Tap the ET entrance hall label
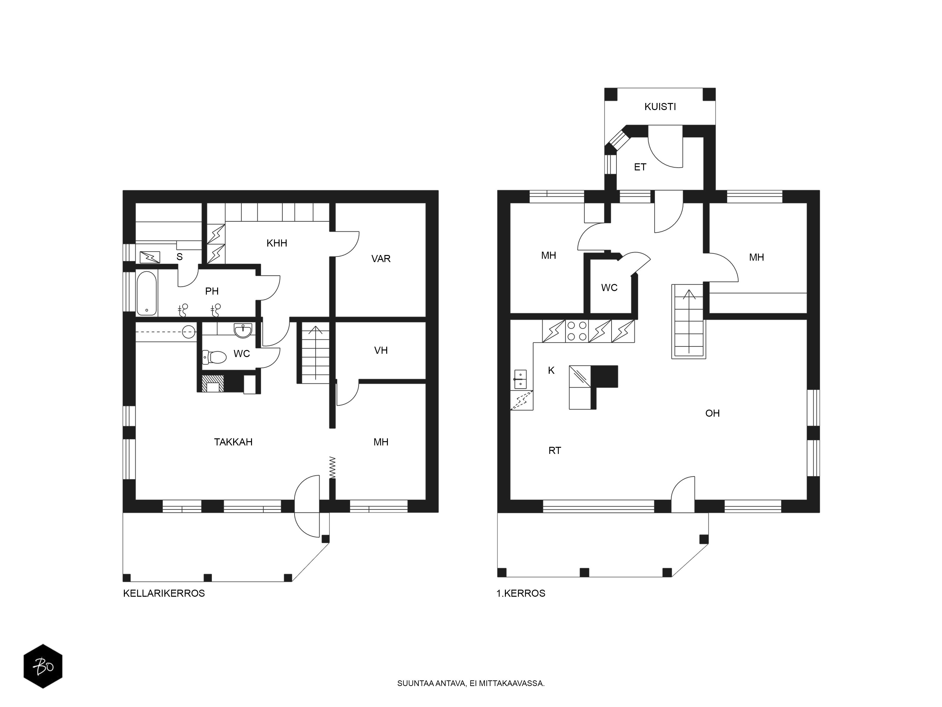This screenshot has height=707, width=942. (x=640, y=167)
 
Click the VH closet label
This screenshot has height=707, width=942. (x=381, y=350)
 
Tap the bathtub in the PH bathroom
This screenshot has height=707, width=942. (x=147, y=293)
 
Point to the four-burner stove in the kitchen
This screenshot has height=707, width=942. (x=577, y=331)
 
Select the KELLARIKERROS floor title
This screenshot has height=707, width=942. (x=164, y=593)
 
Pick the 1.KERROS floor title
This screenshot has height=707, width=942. (x=521, y=593)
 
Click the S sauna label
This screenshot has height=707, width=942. (x=179, y=257)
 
